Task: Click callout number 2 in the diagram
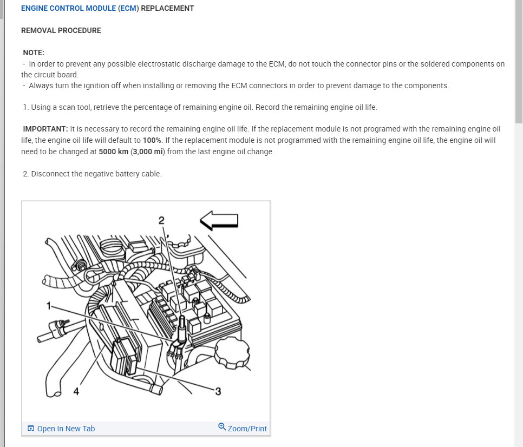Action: (x=161, y=220)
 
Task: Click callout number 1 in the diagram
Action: (x=49, y=306)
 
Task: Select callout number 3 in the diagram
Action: (x=218, y=391)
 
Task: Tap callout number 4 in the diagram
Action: (x=76, y=391)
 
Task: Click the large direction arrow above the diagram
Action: (x=219, y=220)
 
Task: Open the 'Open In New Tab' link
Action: (x=66, y=429)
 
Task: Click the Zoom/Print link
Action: (x=247, y=429)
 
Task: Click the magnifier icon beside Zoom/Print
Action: (x=222, y=427)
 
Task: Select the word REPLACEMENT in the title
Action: (x=167, y=9)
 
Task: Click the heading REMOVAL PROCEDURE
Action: (x=61, y=30)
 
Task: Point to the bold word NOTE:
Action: (x=34, y=52)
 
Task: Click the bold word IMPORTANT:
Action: (x=45, y=129)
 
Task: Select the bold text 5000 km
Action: (x=114, y=152)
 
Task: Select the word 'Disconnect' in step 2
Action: (x=50, y=174)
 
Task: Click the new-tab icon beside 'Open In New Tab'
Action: (x=31, y=429)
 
